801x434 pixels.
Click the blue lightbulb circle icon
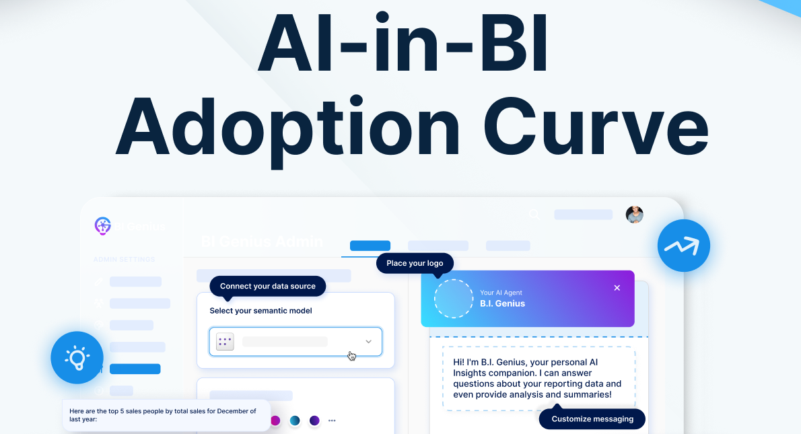(77, 357)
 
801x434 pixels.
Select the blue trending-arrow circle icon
(683, 246)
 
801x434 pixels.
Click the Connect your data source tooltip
(267, 286)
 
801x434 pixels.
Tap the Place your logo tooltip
(415, 263)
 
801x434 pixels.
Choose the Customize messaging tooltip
(592, 419)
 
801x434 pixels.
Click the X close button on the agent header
(617, 288)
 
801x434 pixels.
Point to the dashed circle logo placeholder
(454, 298)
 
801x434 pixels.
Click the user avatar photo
(634, 215)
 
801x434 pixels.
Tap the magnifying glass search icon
(534, 215)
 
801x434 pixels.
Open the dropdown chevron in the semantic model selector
(368, 342)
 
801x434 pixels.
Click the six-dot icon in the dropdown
(225, 342)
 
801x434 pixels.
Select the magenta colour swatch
(275, 421)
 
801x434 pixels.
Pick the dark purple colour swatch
(314, 421)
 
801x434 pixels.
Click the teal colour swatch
(295, 421)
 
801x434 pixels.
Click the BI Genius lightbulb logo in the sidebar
(102, 226)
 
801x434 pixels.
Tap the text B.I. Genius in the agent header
(502, 303)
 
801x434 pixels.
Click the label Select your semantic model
(260, 311)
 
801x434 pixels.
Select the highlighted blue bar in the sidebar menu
(135, 369)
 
